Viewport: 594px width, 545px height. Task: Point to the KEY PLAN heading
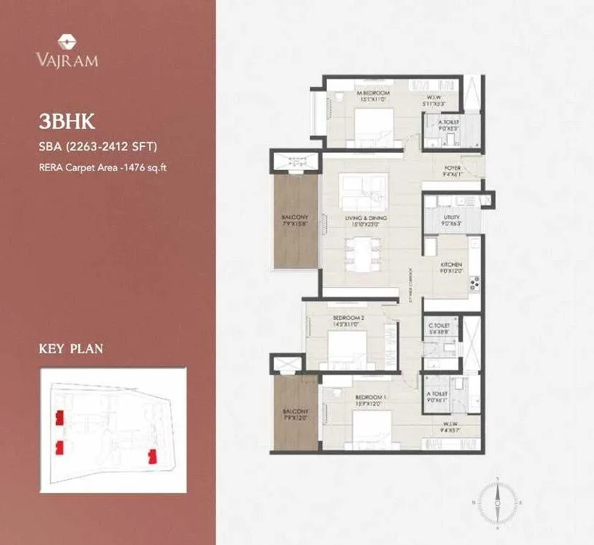70,349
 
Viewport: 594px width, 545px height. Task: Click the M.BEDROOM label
373,93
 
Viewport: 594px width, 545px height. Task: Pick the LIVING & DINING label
366,218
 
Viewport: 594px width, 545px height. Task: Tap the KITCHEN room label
451,265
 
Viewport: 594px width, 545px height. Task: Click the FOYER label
452,168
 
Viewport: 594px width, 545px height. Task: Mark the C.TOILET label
439,326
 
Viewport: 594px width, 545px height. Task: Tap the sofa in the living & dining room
360,191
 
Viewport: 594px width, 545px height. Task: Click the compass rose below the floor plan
498,500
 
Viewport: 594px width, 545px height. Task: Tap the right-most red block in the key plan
153,456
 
